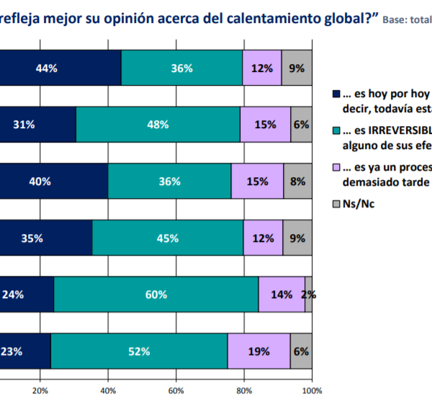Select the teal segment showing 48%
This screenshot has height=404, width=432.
(x=158, y=125)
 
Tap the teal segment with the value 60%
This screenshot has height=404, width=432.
(x=156, y=295)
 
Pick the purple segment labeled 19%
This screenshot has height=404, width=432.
(x=258, y=351)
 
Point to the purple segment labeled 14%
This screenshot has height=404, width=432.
(x=282, y=295)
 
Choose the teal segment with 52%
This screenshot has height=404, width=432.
(x=139, y=351)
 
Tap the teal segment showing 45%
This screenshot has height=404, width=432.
(x=168, y=238)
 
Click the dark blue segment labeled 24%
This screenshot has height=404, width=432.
(x=27, y=295)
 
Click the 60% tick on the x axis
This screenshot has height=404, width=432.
(x=176, y=390)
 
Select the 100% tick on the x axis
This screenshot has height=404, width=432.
(x=311, y=390)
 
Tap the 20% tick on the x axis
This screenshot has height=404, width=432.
(x=40, y=390)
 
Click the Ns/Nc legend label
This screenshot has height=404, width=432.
(x=357, y=204)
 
